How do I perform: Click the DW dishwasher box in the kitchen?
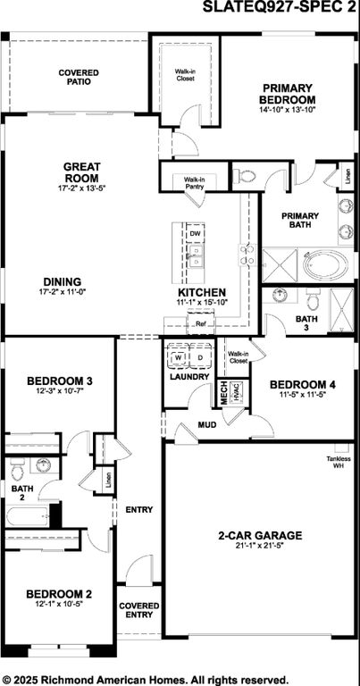tap(195, 233)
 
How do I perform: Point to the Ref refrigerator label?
tap(200, 325)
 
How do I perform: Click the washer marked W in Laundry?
tap(179, 358)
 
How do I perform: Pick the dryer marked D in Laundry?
tap(200, 358)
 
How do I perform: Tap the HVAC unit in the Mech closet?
tap(236, 391)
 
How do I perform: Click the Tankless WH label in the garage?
tap(338, 462)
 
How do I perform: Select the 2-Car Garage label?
tap(260, 535)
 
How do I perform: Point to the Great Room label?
tap(81, 171)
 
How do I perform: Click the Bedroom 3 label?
tap(61, 381)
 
